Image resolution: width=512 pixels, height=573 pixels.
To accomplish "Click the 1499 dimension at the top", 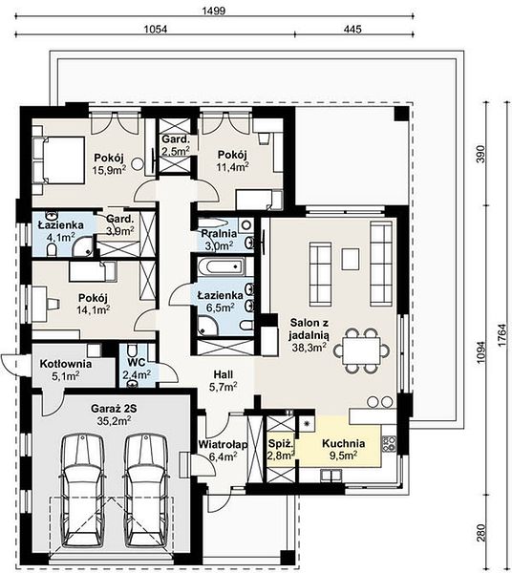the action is point(214,11).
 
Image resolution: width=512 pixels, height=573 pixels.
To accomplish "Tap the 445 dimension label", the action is point(352,29).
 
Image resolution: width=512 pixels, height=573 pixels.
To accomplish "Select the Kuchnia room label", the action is point(343,443).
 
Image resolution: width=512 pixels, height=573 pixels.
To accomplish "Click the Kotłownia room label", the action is point(66,364).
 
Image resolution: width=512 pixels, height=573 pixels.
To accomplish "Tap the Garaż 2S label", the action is point(114,409).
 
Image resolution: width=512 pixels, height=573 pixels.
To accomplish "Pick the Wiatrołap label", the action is point(223,444).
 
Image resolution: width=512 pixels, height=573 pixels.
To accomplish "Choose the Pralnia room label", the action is point(219,233).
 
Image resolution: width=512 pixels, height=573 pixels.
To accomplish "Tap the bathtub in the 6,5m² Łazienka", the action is point(221,266).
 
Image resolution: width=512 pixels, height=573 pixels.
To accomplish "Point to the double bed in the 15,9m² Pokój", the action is point(58,159).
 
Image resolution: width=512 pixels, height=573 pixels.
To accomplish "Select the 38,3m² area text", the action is point(309,348).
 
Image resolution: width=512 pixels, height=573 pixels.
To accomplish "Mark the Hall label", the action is point(224,374).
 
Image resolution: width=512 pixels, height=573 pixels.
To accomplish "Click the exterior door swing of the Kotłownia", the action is point(9,364).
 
